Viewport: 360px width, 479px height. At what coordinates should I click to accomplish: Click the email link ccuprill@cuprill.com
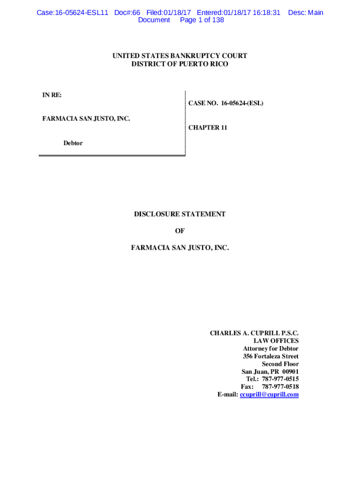click(x=269, y=394)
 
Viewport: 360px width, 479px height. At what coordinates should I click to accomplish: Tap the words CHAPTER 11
click(x=208, y=128)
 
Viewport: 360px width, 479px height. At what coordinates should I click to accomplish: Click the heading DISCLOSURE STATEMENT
click(x=180, y=214)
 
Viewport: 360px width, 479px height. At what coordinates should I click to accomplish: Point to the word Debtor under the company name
click(x=73, y=143)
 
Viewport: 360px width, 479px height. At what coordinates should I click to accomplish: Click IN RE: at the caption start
click(x=52, y=95)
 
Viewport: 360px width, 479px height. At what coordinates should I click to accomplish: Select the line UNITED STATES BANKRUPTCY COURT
click(x=180, y=56)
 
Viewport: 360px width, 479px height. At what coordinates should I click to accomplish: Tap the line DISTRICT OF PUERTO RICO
click(x=180, y=64)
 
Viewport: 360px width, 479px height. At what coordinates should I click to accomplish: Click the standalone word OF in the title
click(x=180, y=231)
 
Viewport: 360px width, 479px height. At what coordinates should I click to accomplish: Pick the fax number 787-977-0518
click(x=280, y=387)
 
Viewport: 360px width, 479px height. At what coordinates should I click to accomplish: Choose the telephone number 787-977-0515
click(x=280, y=379)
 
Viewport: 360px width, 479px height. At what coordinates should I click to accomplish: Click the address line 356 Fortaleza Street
click(x=271, y=356)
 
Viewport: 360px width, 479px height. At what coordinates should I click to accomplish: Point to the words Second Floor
click(x=280, y=364)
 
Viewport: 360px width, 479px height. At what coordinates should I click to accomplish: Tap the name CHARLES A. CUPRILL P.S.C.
click(x=254, y=334)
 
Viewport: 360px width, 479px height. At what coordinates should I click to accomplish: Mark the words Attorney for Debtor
click(x=271, y=349)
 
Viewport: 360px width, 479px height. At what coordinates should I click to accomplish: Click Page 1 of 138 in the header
click(x=202, y=20)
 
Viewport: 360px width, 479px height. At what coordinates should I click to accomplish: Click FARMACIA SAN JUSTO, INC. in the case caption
click(x=86, y=119)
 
